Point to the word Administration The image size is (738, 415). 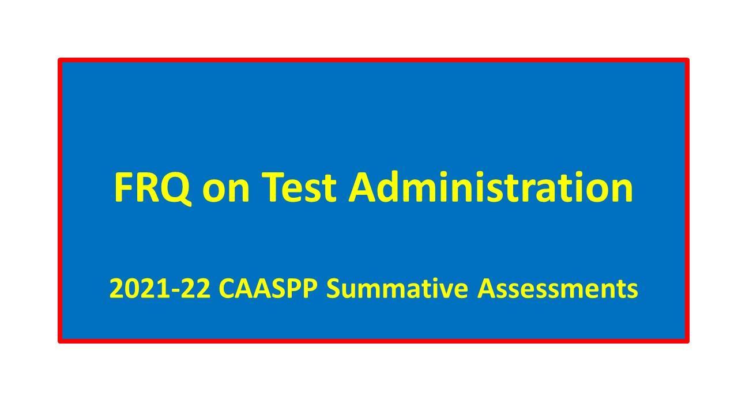point(491,187)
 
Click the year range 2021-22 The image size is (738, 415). point(159,289)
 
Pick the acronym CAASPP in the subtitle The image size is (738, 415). point(268,289)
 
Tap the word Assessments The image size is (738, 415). point(558,289)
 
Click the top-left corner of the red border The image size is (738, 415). point(60,60)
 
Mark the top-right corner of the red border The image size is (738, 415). point(687,60)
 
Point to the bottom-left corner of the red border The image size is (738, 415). point(60,341)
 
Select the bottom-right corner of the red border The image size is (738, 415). point(687,341)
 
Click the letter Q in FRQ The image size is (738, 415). point(177,188)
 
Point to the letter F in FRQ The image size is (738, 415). point(123,187)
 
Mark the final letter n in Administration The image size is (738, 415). point(622,190)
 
